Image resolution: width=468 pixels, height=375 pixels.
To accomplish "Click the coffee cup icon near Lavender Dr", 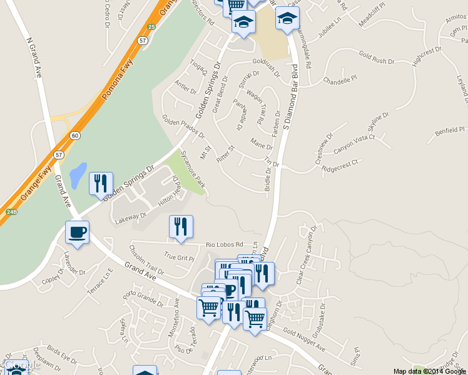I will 77,232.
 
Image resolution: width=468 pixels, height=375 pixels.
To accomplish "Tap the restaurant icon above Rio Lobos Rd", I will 181,227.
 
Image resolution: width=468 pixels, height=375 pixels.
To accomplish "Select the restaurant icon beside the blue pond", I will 101,184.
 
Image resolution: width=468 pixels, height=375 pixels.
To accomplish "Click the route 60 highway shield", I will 75,136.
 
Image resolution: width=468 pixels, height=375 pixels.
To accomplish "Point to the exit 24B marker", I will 11,211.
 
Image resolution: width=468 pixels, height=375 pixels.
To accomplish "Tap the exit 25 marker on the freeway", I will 151,27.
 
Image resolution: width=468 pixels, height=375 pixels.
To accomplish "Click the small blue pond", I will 78,176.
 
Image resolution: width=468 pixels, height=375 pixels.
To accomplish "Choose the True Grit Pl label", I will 179,256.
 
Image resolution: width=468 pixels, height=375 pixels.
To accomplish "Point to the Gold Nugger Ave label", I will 304,339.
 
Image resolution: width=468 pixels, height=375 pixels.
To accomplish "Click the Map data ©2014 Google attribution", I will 429,371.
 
